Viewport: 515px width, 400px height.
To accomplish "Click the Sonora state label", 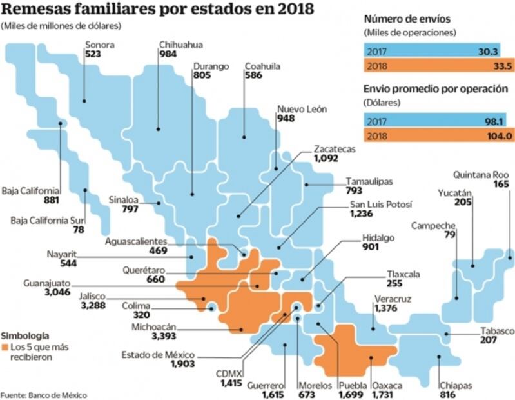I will point(100,45).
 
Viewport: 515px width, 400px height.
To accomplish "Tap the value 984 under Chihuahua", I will point(168,54).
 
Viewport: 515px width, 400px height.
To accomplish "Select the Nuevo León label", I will point(301,109).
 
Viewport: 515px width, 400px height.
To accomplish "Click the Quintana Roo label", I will point(480,174).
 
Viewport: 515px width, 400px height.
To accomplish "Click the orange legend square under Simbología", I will point(5,348).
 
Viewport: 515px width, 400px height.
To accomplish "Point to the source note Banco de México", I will point(43,394).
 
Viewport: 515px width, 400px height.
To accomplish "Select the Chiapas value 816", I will point(447,395).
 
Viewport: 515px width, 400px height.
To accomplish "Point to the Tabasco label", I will point(498,332).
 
